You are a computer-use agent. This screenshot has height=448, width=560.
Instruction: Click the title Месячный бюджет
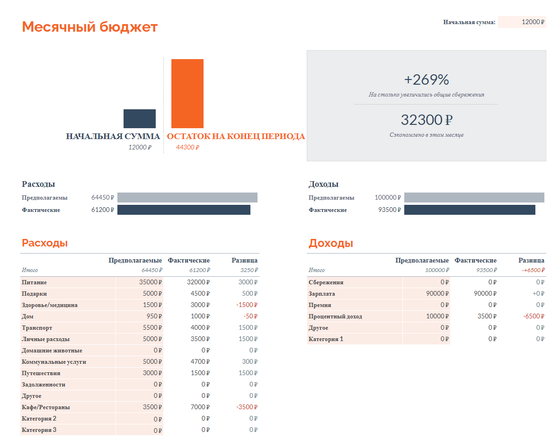coord(89,27)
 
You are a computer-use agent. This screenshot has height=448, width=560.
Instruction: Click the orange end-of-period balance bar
coord(187,93)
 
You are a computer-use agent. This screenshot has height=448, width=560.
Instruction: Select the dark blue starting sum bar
coord(140,118)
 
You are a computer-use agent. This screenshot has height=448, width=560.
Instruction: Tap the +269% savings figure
coord(427,79)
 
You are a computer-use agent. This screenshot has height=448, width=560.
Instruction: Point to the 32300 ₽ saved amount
coord(427,120)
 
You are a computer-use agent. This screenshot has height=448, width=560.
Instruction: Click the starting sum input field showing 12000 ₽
coord(522,22)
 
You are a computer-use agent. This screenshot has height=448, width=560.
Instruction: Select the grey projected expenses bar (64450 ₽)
coord(187,197)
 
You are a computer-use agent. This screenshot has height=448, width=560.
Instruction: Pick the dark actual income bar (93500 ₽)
coord(470,210)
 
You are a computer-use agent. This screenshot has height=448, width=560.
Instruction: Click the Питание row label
coord(35,282)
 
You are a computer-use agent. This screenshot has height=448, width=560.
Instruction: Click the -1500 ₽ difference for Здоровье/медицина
coord(247,305)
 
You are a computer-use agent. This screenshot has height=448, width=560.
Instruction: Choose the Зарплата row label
coord(322,294)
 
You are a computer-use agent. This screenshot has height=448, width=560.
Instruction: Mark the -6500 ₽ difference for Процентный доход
coord(534,316)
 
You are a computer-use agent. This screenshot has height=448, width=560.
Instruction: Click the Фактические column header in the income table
coord(475,260)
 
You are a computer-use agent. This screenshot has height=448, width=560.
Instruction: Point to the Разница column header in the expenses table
coord(244,260)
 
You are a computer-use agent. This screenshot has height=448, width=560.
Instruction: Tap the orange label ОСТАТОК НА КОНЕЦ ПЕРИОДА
coord(236,136)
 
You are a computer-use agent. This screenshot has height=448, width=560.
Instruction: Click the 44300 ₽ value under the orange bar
coord(187,147)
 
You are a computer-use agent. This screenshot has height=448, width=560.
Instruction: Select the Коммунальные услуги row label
coord(54,362)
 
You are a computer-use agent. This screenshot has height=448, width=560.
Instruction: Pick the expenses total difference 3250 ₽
coord(249,270)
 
